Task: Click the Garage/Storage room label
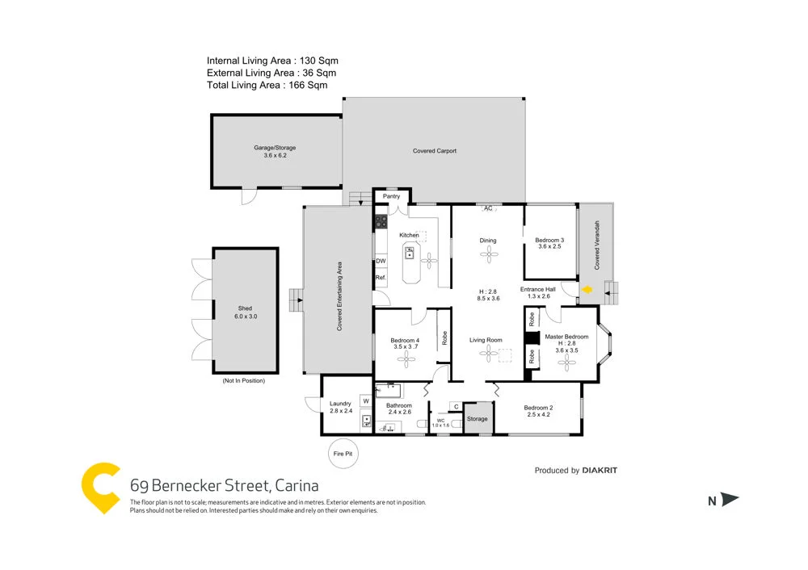click(275, 151)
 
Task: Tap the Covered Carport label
click(435, 151)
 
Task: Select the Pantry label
click(391, 196)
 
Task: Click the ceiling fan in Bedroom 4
click(406, 361)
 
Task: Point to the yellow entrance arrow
click(587, 289)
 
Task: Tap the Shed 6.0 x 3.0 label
click(245, 312)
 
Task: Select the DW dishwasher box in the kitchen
click(380, 262)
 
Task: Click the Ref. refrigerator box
click(380, 278)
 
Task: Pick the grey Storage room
click(478, 418)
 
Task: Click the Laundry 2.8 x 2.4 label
click(340, 407)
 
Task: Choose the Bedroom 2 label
click(538, 408)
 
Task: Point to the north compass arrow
click(730, 501)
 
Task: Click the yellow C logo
click(102, 488)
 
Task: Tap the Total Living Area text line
click(267, 85)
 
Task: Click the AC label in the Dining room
click(487, 208)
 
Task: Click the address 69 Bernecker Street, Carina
click(224, 486)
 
